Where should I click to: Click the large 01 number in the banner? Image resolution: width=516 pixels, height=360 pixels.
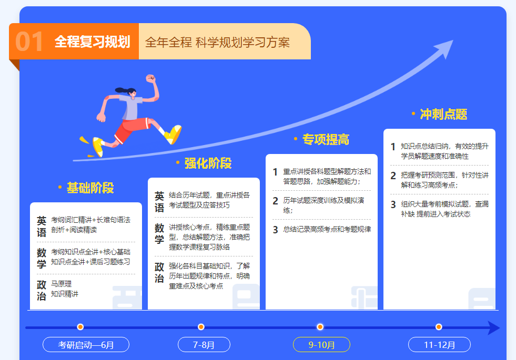click(29, 42)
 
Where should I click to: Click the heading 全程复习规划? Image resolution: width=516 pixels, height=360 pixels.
click(93, 42)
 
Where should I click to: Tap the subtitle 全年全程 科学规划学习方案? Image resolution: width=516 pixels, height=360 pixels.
click(217, 43)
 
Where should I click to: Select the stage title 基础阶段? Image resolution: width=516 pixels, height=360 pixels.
click(90, 188)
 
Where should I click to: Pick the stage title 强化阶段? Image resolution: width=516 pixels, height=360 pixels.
click(208, 163)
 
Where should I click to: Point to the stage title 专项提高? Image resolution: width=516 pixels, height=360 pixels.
click(326, 139)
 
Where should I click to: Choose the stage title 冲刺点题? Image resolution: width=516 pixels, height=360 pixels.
click(443, 114)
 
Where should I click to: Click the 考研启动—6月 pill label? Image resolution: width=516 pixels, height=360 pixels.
click(86, 345)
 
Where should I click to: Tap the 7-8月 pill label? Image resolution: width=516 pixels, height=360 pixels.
click(204, 345)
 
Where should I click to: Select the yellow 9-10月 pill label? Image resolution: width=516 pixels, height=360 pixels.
click(321, 345)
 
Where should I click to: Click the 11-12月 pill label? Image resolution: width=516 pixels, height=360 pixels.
click(439, 345)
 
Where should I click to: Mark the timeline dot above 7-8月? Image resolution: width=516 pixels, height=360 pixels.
click(201, 327)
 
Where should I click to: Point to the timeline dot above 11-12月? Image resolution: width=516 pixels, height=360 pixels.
click(439, 327)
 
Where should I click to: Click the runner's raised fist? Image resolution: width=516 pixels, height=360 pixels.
click(151, 79)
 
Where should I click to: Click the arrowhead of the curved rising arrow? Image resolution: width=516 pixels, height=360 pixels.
click(445, 48)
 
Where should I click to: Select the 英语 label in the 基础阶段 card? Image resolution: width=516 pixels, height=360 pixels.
click(42, 227)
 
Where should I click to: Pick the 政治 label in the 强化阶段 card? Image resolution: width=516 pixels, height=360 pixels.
click(159, 273)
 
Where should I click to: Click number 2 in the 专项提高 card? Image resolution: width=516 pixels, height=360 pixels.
click(276, 201)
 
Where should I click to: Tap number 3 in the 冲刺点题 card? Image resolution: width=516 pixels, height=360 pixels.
click(393, 204)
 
